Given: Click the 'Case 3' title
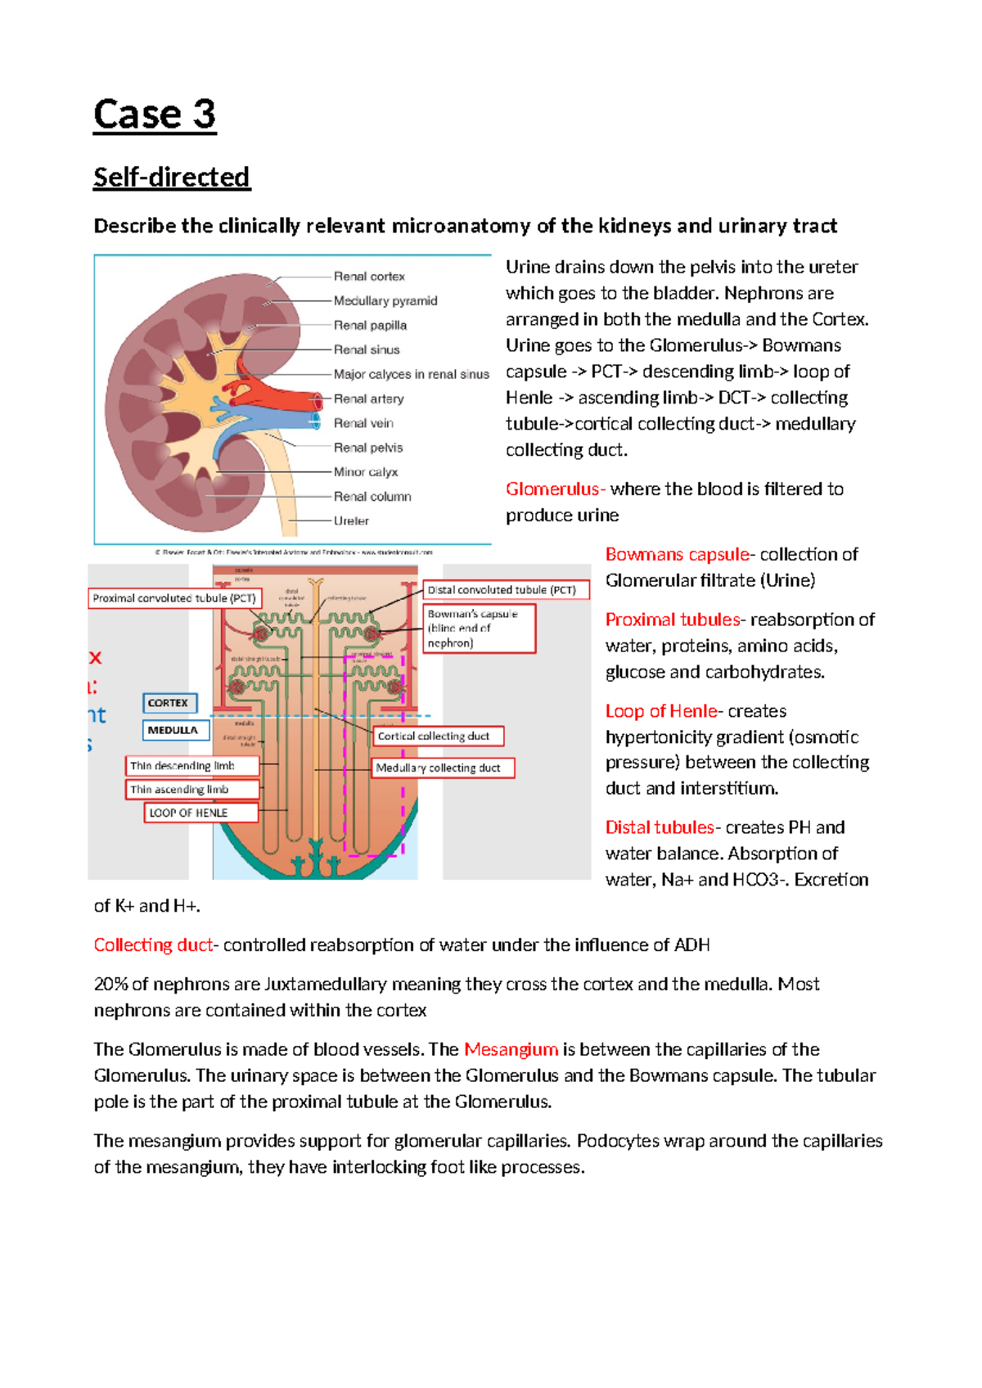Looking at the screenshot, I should click(x=155, y=114).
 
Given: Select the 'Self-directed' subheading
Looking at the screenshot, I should click(x=172, y=177).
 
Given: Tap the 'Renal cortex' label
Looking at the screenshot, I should click(x=369, y=277).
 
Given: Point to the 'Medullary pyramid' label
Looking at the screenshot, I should click(x=385, y=301).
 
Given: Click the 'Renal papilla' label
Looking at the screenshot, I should click(x=370, y=325).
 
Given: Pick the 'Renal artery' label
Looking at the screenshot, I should click(x=369, y=399).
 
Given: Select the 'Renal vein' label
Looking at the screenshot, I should click(x=363, y=423).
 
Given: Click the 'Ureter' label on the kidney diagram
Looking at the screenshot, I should click(x=351, y=520).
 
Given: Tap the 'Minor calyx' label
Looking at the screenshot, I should click(x=366, y=472).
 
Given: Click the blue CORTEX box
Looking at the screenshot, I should click(x=169, y=703).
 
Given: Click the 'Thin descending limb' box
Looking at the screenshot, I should click(x=191, y=766).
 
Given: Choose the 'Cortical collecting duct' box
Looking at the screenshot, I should click(x=438, y=737).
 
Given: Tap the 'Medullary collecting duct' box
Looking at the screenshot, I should click(x=443, y=768).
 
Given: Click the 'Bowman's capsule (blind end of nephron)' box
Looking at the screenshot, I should click(x=480, y=629).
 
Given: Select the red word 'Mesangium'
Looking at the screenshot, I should click(x=511, y=1049).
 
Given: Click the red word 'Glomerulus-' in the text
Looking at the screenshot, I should click(x=555, y=489).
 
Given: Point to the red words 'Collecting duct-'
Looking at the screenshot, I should click(x=155, y=945).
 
